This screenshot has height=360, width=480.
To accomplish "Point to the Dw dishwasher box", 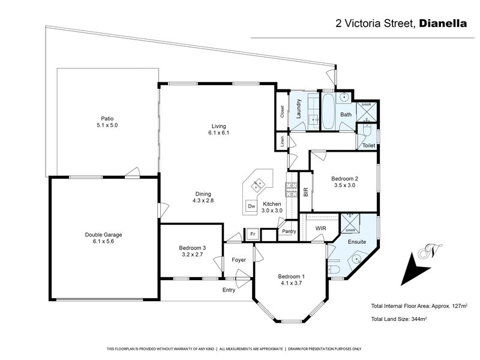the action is point(251,206).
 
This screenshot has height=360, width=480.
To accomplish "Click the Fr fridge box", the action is point(253,234).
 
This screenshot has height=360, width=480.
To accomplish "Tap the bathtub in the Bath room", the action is point(328,112).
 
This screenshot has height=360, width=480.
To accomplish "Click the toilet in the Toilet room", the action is point(367,130).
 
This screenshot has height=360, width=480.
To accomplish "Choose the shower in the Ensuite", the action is point(350,223).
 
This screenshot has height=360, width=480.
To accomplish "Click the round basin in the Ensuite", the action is point(356,260).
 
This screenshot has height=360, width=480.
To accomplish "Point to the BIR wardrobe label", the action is point(305,192).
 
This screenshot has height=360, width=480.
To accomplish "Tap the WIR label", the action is point(320,229).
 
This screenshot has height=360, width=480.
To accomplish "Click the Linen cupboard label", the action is point(283,142).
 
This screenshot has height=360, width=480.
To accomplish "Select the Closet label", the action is point(282,112).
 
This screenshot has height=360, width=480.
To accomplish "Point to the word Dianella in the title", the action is point(443,23).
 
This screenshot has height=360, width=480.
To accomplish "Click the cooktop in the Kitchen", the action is point(290,190).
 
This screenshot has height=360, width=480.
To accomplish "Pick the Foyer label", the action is point(239,260).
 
